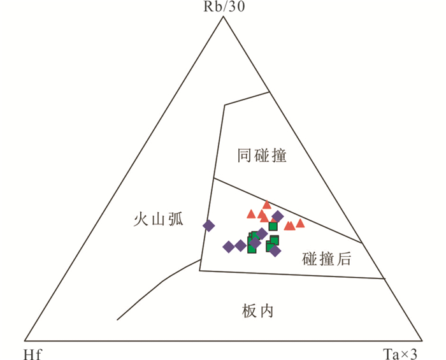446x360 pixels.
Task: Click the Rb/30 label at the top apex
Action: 223,7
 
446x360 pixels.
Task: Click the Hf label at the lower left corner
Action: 32,352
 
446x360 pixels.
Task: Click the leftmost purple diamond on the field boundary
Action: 209,225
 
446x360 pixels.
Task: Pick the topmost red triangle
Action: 267,205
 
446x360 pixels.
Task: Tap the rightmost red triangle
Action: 300,223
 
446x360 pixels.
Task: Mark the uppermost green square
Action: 273,226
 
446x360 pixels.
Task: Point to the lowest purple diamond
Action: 275,251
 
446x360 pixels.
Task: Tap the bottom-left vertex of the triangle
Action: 24,340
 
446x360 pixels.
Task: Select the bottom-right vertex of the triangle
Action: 422,340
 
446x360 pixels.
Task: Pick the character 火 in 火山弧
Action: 141,220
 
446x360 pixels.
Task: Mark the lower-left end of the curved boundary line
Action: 117,320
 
